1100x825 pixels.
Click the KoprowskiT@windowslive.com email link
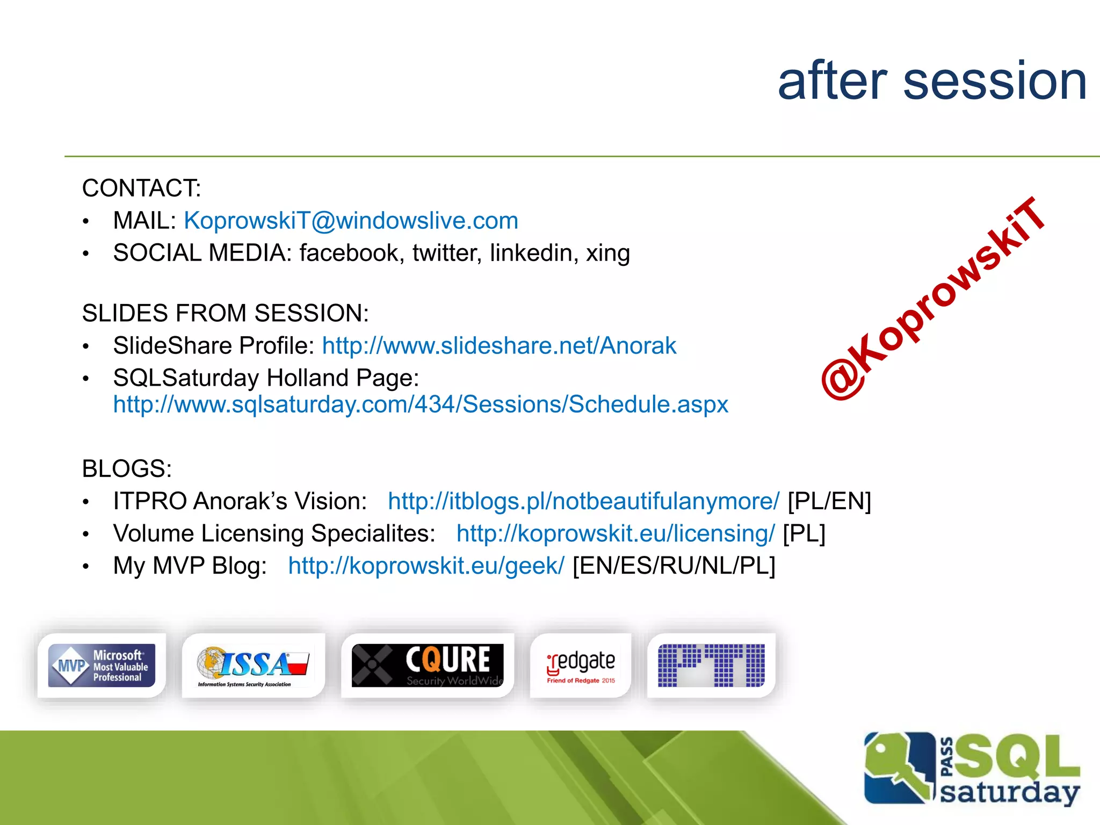pyautogui.click(x=351, y=221)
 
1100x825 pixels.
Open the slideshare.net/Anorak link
pyautogui.click(x=499, y=346)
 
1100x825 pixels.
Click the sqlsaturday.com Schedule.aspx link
pyautogui.click(x=421, y=404)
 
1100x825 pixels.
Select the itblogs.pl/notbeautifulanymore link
pyautogui.click(x=583, y=501)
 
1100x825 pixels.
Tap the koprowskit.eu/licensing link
pyautogui.click(x=616, y=533)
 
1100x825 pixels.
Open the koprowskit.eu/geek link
pyautogui.click(x=426, y=566)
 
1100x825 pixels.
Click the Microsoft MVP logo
pyautogui.click(x=102, y=665)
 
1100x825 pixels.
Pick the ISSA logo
pyautogui.click(x=253, y=665)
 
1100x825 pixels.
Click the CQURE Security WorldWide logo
pyautogui.click(x=428, y=665)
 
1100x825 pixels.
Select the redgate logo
pyautogui.click(x=581, y=665)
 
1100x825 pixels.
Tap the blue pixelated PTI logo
pyautogui.click(x=711, y=665)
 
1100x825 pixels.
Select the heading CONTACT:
pyautogui.click(x=141, y=189)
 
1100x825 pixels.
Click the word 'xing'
pyautogui.click(x=607, y=253)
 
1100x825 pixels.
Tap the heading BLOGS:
pyautogui.click(x=127, y=469)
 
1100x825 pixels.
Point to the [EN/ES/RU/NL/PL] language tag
pyautogui.click(x=674, y=566)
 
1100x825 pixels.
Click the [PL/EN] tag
pyautogui.click(x=829, y=501)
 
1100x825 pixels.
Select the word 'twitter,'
pyautogui.click(x=447, y=253)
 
